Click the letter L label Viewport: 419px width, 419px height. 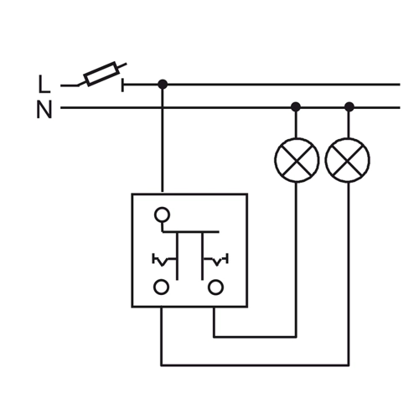coord(44,84)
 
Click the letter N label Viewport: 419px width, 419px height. coord(44,109)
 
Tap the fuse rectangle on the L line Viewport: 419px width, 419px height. coord(101,74)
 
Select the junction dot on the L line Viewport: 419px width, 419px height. coord(163,84)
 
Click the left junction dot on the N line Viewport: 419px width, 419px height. coord(296,106)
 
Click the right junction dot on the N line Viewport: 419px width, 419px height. coord(349,106)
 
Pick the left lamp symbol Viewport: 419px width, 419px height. coord(297,160)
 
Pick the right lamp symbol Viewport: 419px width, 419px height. coord(348,160)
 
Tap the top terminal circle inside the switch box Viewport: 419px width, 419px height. coord(162,215)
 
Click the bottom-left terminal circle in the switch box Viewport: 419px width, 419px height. coord(161,287)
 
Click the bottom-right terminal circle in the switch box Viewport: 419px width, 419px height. coord(215,287)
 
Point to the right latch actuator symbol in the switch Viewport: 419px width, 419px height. coord(216,260)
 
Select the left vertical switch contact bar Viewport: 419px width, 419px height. coord(177,256)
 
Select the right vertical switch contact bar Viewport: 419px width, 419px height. coord(202,256)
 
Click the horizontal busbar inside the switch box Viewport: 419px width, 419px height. coord(190,231)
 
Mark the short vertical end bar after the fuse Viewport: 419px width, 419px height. coord(122,85)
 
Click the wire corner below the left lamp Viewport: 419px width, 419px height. coord(296,337)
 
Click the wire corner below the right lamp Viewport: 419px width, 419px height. coord(349,365)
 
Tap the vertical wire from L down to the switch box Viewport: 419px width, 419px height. coord(163,138)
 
